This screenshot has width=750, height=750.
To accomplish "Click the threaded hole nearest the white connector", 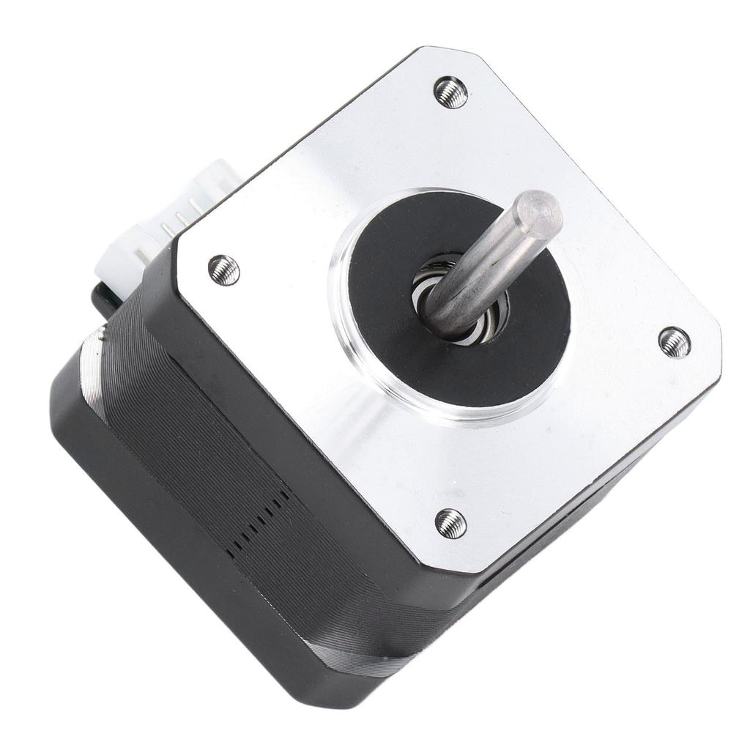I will pos(223,270).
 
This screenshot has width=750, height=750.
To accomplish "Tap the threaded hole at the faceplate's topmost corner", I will pos(450,92).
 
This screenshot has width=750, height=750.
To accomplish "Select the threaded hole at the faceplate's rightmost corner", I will pos(674,342).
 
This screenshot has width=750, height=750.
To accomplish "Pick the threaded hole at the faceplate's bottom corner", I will pos(450,523).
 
